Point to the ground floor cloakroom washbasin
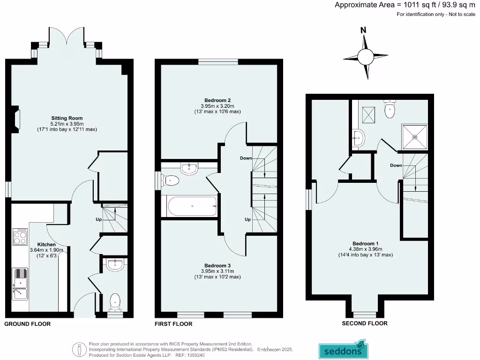click(114, 265)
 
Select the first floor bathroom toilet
click(171, 180)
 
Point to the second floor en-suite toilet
click(390, 110)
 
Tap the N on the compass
click(363, 30)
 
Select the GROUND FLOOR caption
click(27, 324)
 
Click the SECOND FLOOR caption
click(364, 323)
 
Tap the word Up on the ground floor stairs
click(98, 219)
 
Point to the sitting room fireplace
click(17, 119)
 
